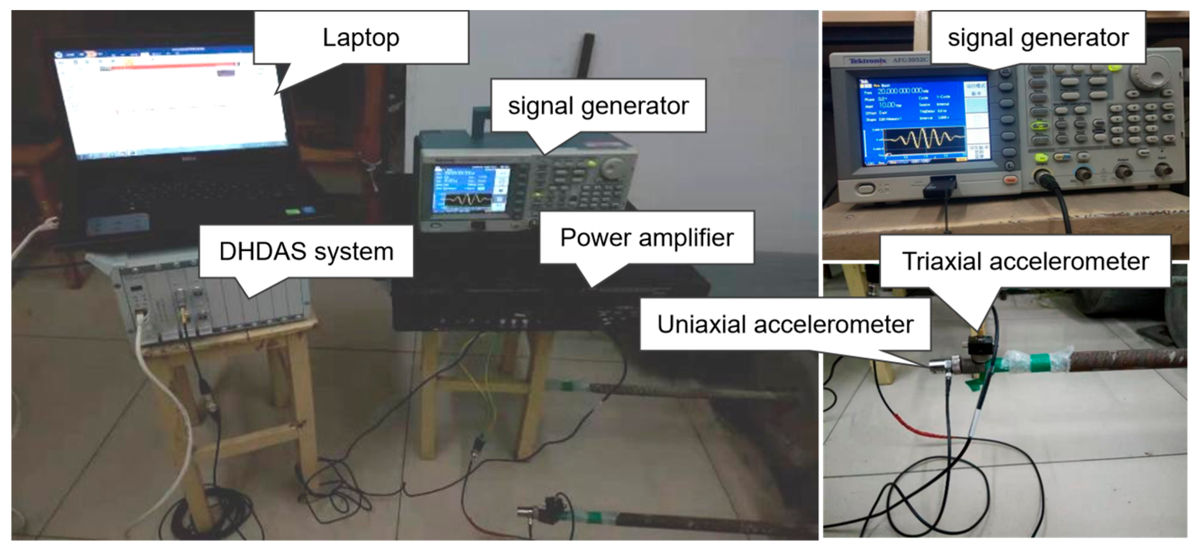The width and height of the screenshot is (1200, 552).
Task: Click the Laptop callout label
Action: click(x=361, y=37)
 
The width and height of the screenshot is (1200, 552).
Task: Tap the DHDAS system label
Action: click(x=306, y=251)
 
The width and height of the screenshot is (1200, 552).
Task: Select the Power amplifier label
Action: click(x=647, y=238)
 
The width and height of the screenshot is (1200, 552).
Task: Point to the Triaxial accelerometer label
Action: click(x=1025, y=261)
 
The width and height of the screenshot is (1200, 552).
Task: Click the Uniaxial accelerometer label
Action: click(x=785, y=324)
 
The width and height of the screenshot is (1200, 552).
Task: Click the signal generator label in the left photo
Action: click(x=598, y=106)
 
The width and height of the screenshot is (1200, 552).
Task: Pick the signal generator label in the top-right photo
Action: click(x=1038, y=37)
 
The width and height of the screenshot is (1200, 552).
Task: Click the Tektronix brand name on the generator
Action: click(x=867, y=61)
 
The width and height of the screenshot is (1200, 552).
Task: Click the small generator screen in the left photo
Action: click(x=470, y=190)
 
